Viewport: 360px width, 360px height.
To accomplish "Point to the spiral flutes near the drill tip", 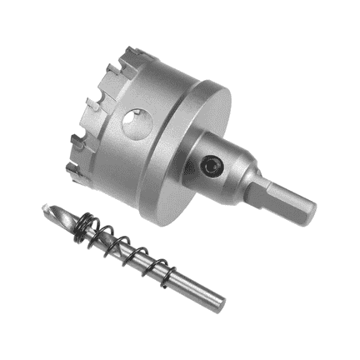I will point(62,218).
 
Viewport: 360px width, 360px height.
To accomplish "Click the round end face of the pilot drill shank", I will point(221,297).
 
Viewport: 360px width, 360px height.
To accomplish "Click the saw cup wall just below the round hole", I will point(133,154).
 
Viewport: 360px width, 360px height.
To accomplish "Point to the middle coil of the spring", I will point(125,248).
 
